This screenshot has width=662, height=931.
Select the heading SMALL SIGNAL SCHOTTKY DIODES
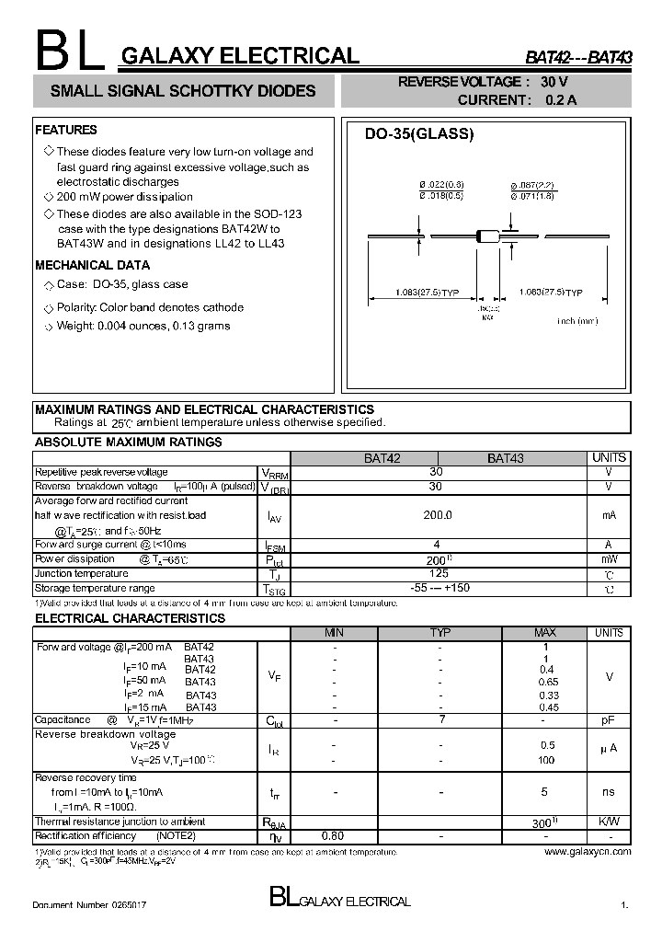tap(182, 91)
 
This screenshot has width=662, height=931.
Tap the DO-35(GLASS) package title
tap(418, 134)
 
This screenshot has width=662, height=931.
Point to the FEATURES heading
tap(65, 131)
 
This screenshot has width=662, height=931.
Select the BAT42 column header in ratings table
tap(364, 457)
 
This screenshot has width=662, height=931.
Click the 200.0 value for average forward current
tap(437, 516)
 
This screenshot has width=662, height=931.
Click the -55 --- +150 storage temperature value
tap(437, 588)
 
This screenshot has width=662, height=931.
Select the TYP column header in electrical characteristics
tap(439, 633)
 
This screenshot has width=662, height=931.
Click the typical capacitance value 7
tap(440, 719)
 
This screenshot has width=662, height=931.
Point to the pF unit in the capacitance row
tap(608, 719)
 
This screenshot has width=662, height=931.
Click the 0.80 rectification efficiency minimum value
tap(334, 836)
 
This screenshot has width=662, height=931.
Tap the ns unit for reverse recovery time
tap(608, 791)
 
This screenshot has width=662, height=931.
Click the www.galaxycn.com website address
tap(588, 852)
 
